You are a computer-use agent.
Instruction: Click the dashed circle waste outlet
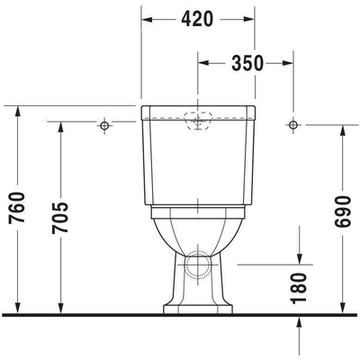pos(198,267)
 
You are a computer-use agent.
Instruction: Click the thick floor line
pos(180,315)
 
